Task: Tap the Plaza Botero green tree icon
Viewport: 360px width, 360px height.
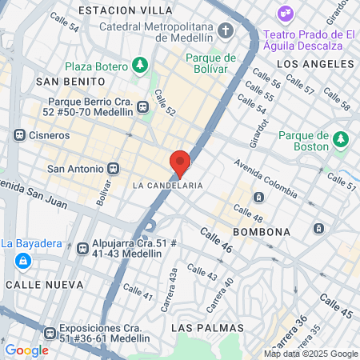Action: click(x=141, y=63)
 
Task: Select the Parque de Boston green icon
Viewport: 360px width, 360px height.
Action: click(x=342, y=141)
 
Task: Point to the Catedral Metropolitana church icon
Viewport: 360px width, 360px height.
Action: click(x=226, y=31)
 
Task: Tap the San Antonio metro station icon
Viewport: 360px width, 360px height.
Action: click(x=114, y=169)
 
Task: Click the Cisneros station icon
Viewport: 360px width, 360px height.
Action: click(x=19, y=135)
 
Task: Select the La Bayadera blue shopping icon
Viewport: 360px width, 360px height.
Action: click(x=24, y=261)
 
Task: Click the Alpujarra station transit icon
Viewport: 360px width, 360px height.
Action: click(x=82, y=249)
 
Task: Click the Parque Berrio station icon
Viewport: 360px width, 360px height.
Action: click(x=143, y=106)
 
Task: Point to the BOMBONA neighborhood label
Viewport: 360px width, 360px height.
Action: click(x=261, y=232)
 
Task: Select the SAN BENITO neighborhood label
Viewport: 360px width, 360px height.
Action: click(x=70, y=82)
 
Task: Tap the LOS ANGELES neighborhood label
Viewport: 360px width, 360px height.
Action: click(x=314, y=62)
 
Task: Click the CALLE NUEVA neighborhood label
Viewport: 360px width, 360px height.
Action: click(x=44, y=284)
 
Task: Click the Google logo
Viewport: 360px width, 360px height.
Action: click(x=26, y=350)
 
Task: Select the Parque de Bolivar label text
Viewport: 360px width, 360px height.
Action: click(x=211, y=63)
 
